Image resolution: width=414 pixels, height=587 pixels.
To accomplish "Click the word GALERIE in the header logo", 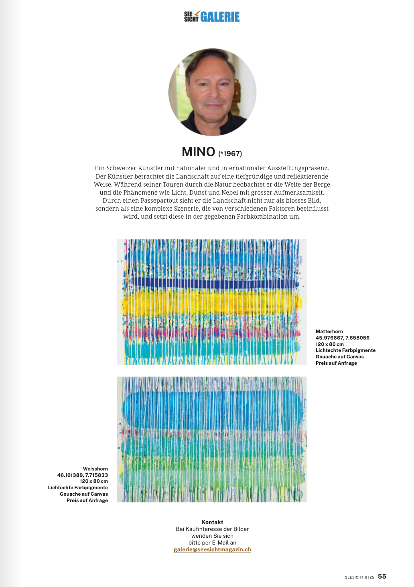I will (220, 17).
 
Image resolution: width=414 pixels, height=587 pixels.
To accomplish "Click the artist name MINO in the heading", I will (199, 152).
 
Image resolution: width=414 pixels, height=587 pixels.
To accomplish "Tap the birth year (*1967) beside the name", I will (230, 154).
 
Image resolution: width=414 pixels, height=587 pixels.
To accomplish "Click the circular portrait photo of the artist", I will (212, 92).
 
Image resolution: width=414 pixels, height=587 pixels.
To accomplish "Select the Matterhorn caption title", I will (329, 332).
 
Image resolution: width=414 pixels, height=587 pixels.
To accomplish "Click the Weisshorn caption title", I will (95, 469).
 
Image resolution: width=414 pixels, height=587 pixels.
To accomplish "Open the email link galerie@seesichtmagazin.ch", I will (212, 549).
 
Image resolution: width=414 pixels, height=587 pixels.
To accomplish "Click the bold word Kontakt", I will (212, 522).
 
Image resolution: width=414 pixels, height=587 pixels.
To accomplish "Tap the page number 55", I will (382, 576).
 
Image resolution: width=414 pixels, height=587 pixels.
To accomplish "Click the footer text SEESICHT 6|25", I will (359, 577).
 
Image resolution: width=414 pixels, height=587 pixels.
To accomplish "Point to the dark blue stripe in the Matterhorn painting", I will (213, 283).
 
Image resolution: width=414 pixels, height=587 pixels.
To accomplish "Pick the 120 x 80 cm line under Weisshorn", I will (94, 481).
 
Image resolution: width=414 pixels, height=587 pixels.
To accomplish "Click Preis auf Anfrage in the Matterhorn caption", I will (336, 363).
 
